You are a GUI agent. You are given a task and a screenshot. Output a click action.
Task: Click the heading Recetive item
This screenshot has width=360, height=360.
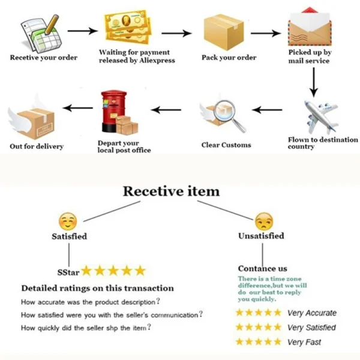(171, 191)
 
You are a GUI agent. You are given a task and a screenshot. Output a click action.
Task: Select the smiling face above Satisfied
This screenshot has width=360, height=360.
(68, 220)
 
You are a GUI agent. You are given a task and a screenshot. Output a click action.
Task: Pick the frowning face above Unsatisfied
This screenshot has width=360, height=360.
(262, 221)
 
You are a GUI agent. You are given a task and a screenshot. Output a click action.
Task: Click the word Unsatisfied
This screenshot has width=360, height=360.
(261, 236)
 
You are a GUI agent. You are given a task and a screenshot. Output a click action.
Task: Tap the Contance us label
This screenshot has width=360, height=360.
(262, 268)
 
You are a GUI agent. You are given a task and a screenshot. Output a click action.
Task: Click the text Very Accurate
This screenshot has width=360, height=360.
(311, 313)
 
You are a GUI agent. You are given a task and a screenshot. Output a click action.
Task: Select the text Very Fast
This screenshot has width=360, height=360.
(304, 342)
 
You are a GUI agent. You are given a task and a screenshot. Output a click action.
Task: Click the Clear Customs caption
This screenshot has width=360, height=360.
(226, 145)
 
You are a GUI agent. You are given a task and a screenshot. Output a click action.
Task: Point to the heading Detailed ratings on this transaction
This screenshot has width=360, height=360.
(97, 288)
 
